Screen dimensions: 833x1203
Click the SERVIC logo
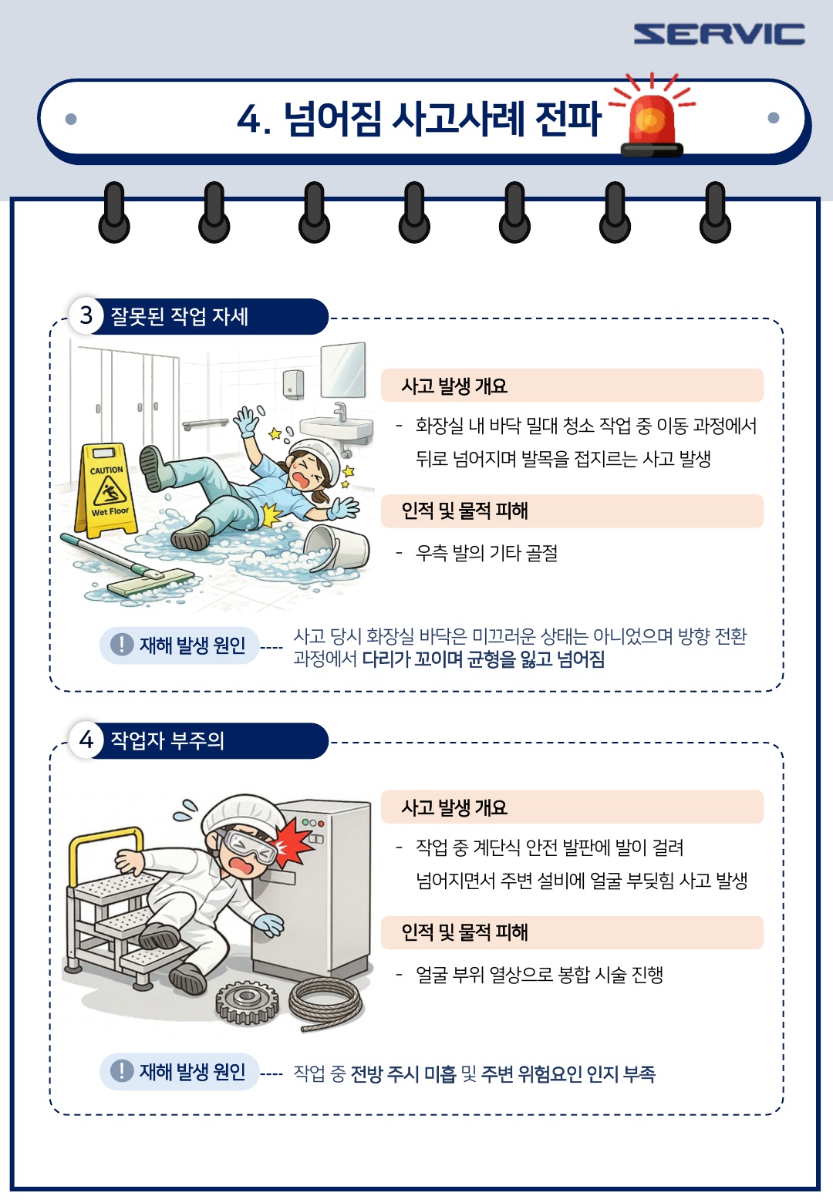coord(719,33)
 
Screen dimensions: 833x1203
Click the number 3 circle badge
coord(86,316)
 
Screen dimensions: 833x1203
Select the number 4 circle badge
coord(86,740)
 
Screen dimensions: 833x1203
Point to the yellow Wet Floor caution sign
coord(106,490)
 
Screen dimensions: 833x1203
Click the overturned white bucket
coord(337,548)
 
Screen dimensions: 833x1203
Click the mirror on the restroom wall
coord(342,370)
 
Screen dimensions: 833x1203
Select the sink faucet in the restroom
coord(340,412)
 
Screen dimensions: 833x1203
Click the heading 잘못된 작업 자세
coord(179,316)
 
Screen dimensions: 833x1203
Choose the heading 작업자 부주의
coord(167,740)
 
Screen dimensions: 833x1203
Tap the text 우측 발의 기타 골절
coord(487,553)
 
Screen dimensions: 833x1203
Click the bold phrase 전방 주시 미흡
coord(403,1074)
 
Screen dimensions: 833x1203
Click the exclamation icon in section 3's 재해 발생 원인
coord(121,644)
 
